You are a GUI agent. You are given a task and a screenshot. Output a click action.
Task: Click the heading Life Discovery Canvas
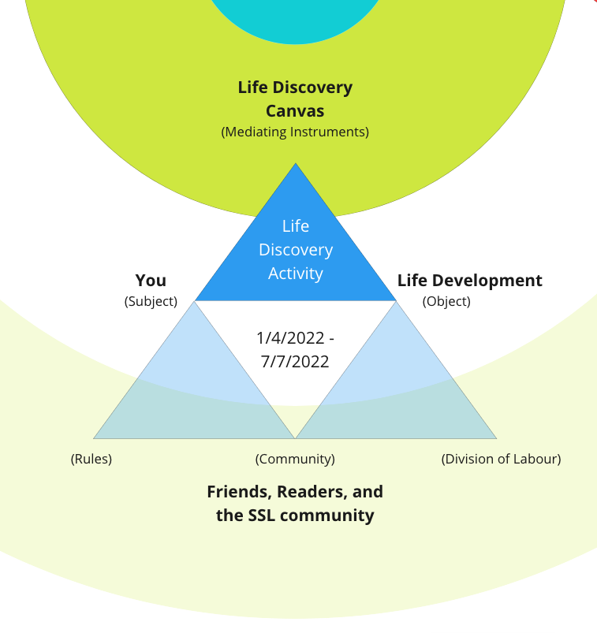(x=295, y=99)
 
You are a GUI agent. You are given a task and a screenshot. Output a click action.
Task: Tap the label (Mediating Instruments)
(x=295, y=132)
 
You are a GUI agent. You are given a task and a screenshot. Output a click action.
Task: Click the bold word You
(x=151, y=281)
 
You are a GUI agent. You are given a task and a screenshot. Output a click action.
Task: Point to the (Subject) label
(x=151, y=301)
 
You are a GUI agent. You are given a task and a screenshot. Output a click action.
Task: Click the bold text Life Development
(x=469, y=281)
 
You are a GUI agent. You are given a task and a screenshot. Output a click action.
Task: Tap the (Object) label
(x=446, y=301)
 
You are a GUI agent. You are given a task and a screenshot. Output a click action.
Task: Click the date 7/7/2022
(x=295, y=362)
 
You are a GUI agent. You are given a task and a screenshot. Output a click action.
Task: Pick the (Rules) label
(x=91, y=459)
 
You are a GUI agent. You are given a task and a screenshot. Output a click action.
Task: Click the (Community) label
(x=295, y=459)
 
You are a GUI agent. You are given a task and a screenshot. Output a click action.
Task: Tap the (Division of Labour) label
(x=501, y=459)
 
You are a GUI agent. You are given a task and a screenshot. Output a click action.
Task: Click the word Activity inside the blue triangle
(x=295, y=274)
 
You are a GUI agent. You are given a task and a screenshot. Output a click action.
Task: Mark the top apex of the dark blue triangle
(x=296, y=165)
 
